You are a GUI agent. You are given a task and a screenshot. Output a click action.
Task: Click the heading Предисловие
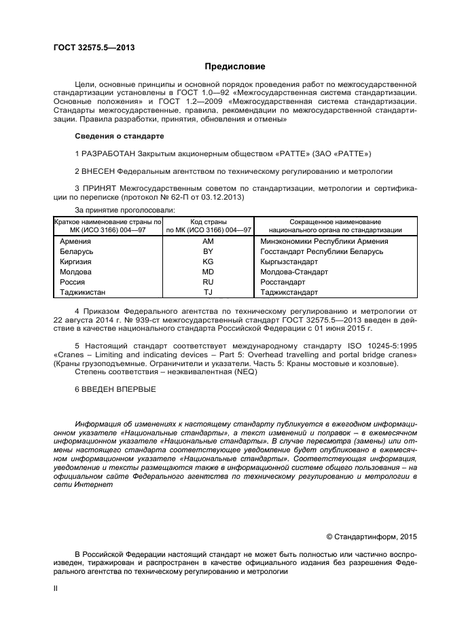tap(235, 67)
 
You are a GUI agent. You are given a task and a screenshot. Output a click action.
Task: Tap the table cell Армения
tap(74, 241)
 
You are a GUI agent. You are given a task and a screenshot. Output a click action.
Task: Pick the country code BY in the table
tap(208, 251)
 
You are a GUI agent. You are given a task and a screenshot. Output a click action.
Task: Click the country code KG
tap(208, 261)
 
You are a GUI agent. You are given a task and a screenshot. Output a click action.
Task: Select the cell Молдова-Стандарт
tap(293, 272)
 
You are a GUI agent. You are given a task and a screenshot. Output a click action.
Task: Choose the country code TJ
tap(208, 292)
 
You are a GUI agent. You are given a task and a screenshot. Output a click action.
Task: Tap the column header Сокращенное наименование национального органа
tap(336, 226)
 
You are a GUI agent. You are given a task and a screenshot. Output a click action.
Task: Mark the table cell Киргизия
tap(75, 261)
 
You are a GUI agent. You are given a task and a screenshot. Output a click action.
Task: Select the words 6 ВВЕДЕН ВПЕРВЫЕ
tap(115, 389)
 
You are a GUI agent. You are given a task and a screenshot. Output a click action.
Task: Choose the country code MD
tap(208, 272)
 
